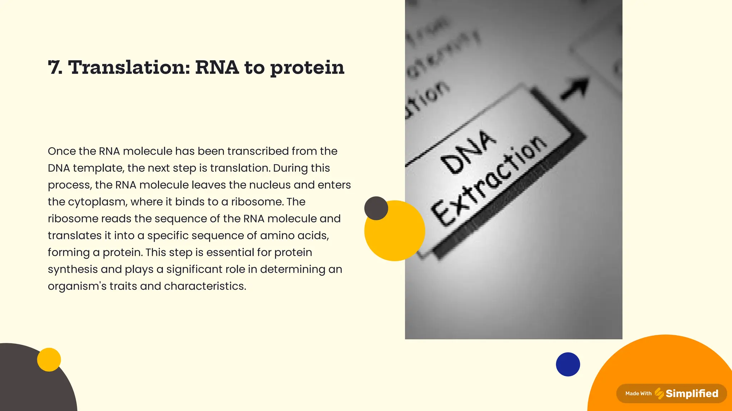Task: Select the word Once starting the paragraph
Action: pos(61,151)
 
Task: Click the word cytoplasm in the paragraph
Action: pos(97,202)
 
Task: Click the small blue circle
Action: pos(568,364)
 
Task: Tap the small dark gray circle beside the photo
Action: pos(376,208)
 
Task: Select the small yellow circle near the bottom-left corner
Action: pos(49,360)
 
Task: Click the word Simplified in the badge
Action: pos(692,394)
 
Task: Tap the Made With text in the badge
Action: pos(638,394)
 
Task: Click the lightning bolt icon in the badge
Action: pos(659,394)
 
